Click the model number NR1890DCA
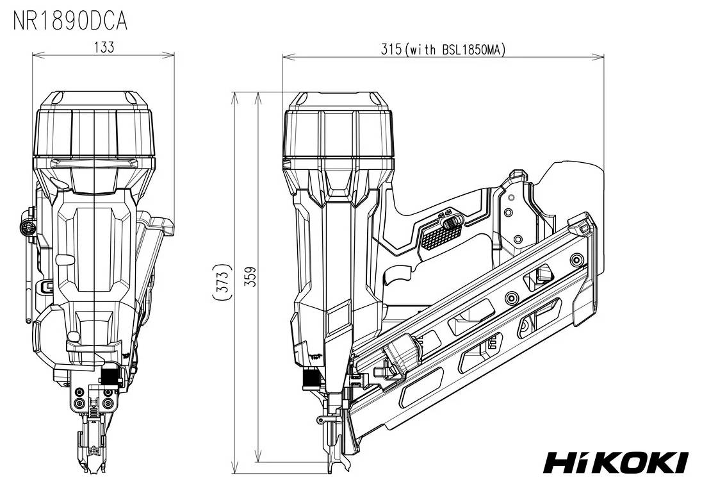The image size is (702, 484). tap(70, 21)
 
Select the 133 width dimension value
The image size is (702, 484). tap(103, 47)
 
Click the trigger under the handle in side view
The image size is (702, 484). tap(396, 277)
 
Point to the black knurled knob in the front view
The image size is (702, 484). tap(110, 376)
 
